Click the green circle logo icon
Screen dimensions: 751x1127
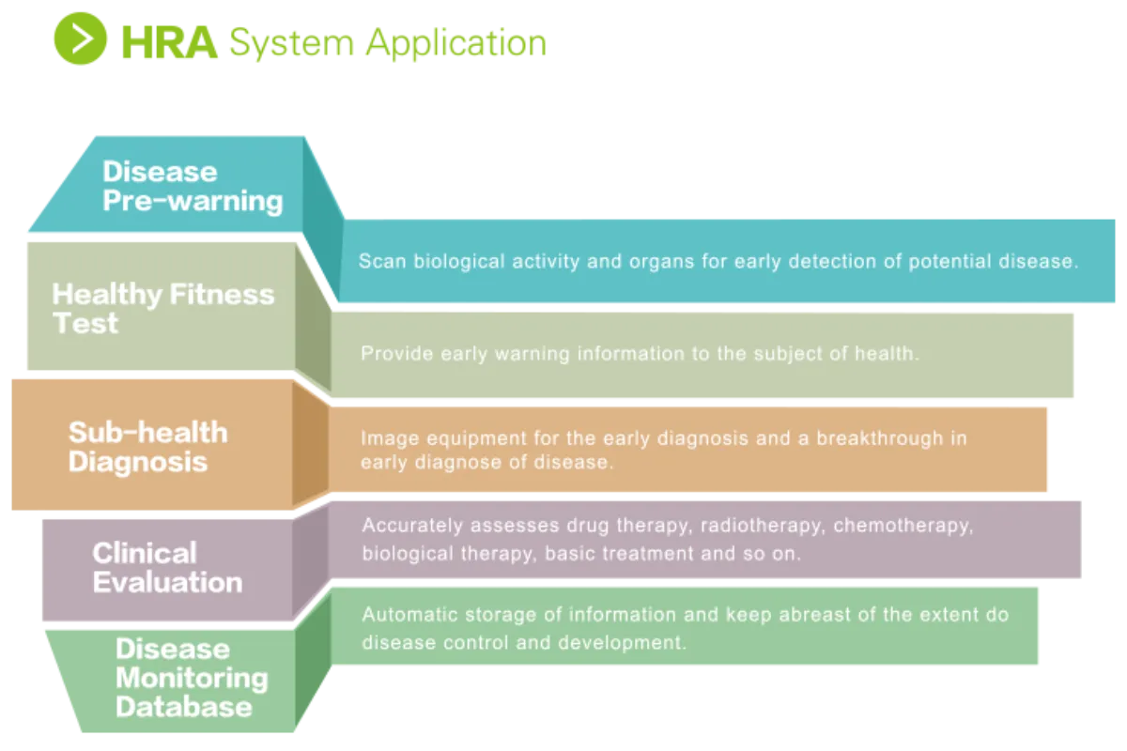pyautogui.click(x=81, y=39)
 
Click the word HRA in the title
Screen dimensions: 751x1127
pyautogui.click(x=170, y=41)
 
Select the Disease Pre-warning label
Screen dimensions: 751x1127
pyautogui.click(x=192, y=186)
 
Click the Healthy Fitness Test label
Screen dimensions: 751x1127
pyautogui.click(x=162, y=308)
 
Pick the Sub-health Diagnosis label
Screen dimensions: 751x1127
pyautogui.click(x=147, y=446)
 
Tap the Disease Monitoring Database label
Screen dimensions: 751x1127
pyautogui.click(x=191, y=677)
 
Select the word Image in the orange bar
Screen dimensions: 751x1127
pyautogui.click(x=385, y=438)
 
